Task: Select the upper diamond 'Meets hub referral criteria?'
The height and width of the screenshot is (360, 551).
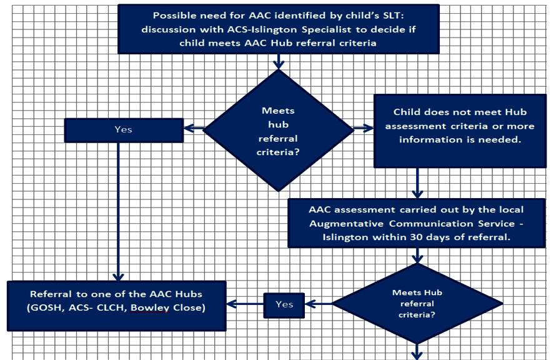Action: click(x=278, y=130)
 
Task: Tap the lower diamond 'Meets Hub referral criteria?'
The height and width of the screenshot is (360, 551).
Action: click(x=417, y=304)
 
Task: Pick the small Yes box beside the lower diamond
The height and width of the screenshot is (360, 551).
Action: click(x=284, y=304)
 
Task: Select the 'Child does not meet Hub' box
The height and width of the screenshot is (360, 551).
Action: click(x=460, y=130)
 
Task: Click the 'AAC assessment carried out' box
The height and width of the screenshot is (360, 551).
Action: click(x=416, y=223)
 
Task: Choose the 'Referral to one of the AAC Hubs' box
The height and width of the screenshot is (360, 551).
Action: click(x=116, y=305)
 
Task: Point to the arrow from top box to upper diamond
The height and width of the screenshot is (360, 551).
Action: click(x=278, y=61)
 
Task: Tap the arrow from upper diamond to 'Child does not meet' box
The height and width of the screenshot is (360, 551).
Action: click(x=363, y=129)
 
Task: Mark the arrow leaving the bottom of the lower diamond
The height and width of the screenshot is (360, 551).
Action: click(x=417, y=352)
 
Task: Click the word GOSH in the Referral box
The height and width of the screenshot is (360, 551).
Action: click(x=41, y=308)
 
